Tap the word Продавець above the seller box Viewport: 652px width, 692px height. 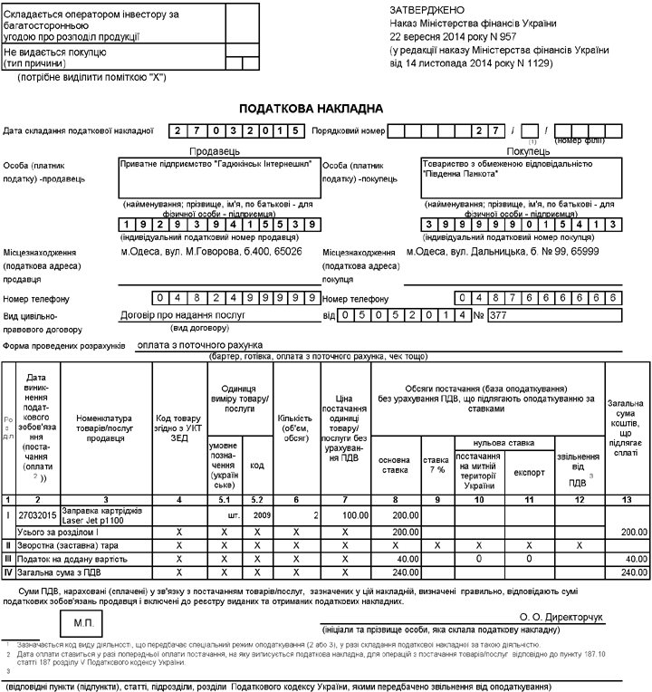point(214,151)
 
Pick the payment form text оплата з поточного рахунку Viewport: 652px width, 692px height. point(198,345)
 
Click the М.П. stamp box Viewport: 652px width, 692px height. point(82,621)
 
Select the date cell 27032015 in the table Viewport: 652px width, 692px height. point(37,514)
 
